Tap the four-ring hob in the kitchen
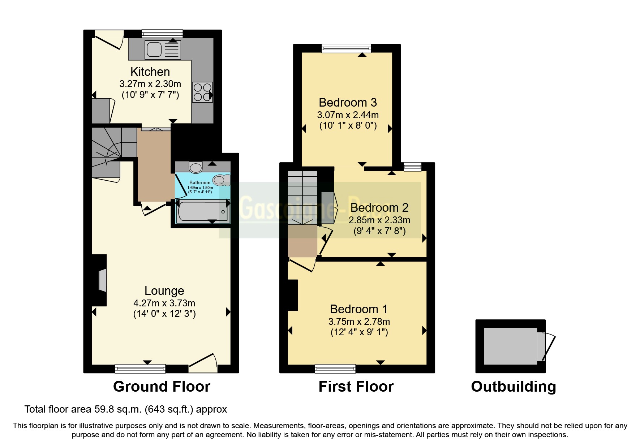(202, 92)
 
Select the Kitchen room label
(150, 72)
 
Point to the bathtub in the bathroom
(202, 211)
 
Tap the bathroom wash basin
(196, 167)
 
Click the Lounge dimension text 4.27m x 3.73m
(164, 303)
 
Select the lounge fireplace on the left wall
(102, 280)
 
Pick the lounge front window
(140, 369)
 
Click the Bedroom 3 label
(348, 103)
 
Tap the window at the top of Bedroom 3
(346, 48)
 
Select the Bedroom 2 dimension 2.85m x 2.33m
(379, 220)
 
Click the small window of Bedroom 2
(412, 167)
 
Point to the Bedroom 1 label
(358, 309)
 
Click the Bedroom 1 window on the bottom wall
(335, 369)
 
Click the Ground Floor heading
(162, 387)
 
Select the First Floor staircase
(302, 199)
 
